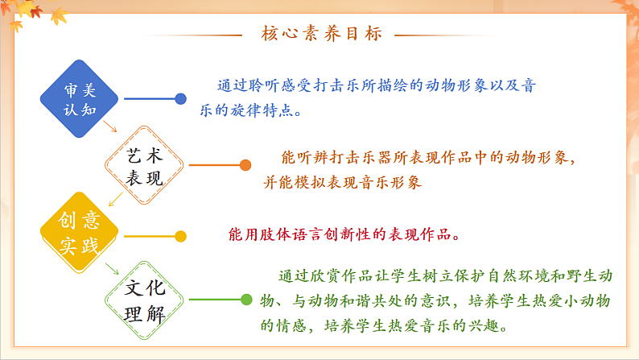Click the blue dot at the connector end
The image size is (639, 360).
tap(181, 99)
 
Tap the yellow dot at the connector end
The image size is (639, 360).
tap(181, 236)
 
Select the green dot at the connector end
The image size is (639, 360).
tap(246, 300)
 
